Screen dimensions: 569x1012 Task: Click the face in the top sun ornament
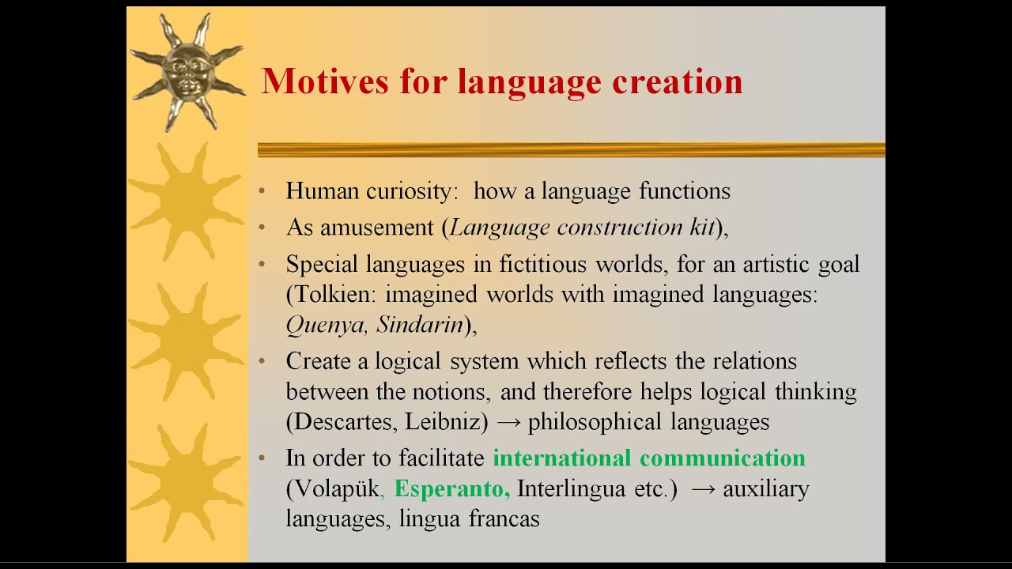(x=187, y=70)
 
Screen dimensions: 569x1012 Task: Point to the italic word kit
(x=702, y=228)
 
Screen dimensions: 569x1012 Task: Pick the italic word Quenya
(x=326, y=325)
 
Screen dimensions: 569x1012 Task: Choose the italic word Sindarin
(x=420, y=325)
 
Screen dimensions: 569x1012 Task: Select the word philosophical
(x=595, y=422)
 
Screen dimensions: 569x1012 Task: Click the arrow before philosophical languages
(x=508, y=423)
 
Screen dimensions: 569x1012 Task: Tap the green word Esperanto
(x=450, y=489)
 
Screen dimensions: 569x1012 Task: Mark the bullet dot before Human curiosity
(x=262, y=191)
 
